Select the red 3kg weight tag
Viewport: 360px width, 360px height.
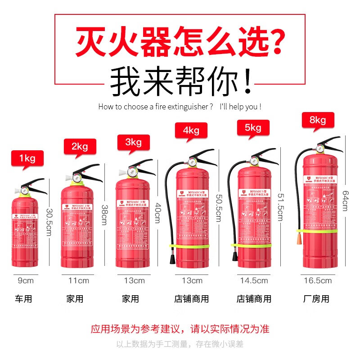[133, 143]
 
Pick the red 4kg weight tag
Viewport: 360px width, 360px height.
[191, 130]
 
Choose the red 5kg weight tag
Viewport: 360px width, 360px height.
[253, 128]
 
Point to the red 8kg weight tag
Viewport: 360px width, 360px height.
[317, 120]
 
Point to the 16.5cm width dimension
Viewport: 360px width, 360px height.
[318, 281]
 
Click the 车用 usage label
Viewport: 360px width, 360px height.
[23, 299]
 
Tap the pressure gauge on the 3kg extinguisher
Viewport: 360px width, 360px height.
[132, 172]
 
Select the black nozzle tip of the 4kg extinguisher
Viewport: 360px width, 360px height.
[172, 260]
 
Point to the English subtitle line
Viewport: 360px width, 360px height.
[180, 107]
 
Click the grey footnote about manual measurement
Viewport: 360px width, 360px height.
[180, 344]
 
